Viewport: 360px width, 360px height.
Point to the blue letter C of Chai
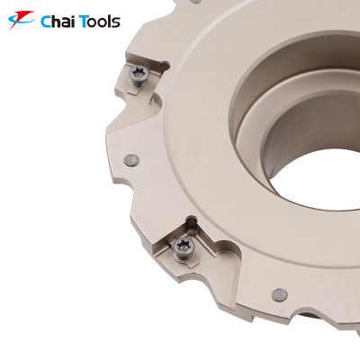pos(47,22)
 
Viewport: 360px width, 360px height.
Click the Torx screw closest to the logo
pos(141,75)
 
